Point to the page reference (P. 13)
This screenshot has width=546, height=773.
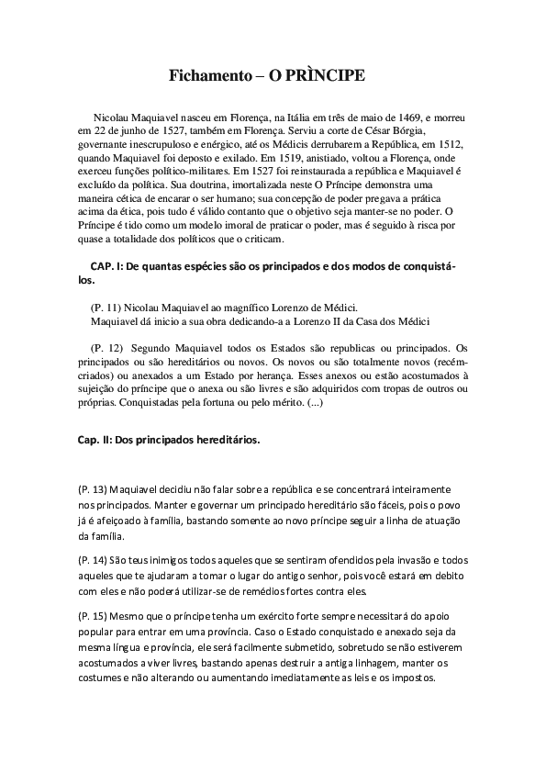[x=93, y=490]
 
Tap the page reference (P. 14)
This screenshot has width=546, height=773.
[x=93, y=560]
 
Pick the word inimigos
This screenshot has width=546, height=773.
[x=166, y=560]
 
